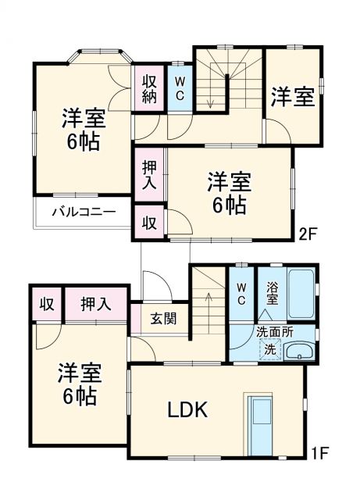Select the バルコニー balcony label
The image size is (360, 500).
(x=84, y=212)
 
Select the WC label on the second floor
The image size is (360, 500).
(x=179, y=87)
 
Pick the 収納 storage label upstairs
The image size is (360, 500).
(x=149, y=87)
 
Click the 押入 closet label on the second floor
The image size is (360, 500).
(x=149, y=176)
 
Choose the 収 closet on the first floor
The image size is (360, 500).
(x=47, y=304)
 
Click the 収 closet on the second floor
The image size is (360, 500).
(x=149, y=221)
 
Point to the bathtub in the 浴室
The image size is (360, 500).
(x=301, y=292)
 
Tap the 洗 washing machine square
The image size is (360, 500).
(x=269, y=349)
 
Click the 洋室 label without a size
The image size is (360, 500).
(x=293, y=98)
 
